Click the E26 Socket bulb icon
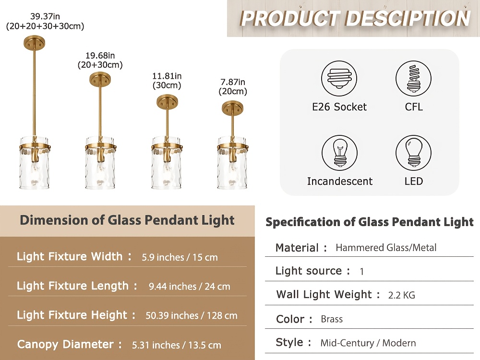(x=339, y=78)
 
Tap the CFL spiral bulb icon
(x=413, y=78)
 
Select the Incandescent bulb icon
(x=339, y=153)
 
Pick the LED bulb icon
(x=413, y=153)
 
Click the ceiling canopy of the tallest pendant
(x=34, y=42)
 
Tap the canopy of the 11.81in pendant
(x=167, y=102)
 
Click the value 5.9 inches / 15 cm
(x=180, y=257)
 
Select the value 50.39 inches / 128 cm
(x=192, y=316)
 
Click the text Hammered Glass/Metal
(x=386, y=247)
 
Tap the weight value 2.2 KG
(x=402, y=295)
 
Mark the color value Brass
(x=332, y=319)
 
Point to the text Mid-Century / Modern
(x=368, y=343)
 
